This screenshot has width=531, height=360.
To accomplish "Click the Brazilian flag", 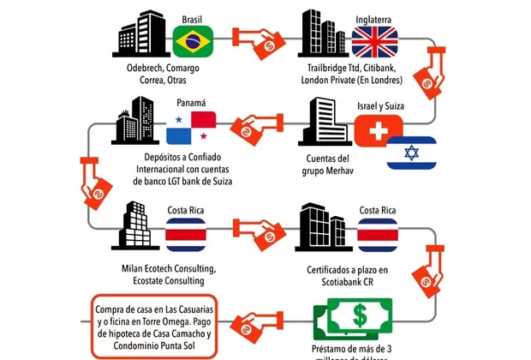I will click(x=193, y=39).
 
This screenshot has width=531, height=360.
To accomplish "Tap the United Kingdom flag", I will click(x=374, y=40).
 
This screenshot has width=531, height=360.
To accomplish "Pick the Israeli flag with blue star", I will click(x=411, y=153).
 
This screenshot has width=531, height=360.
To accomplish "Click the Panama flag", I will click(x=193, y=126).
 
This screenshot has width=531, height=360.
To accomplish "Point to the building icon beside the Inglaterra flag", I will click(x=323, y=32).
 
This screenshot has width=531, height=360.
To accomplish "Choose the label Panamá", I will click(x=193, y=104).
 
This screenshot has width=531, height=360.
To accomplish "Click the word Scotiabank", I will click(x=344, y=284).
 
